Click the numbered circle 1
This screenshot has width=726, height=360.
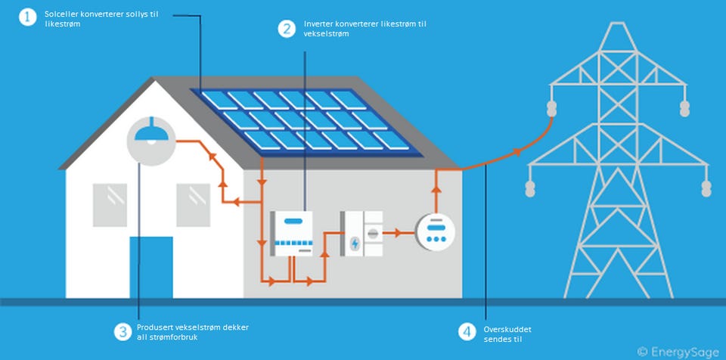28,17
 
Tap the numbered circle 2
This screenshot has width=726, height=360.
287,29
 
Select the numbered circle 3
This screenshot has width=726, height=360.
123,331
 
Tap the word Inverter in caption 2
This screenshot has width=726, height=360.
318,24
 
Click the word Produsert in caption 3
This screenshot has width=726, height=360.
155,327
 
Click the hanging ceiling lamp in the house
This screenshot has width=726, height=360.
150,132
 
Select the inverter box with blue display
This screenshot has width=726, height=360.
293,234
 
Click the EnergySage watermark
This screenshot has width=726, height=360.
678,351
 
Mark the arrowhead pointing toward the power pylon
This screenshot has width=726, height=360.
518,152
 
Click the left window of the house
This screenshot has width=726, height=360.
110,205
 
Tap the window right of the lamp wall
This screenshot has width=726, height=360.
193,205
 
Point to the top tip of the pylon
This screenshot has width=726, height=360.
619,23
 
